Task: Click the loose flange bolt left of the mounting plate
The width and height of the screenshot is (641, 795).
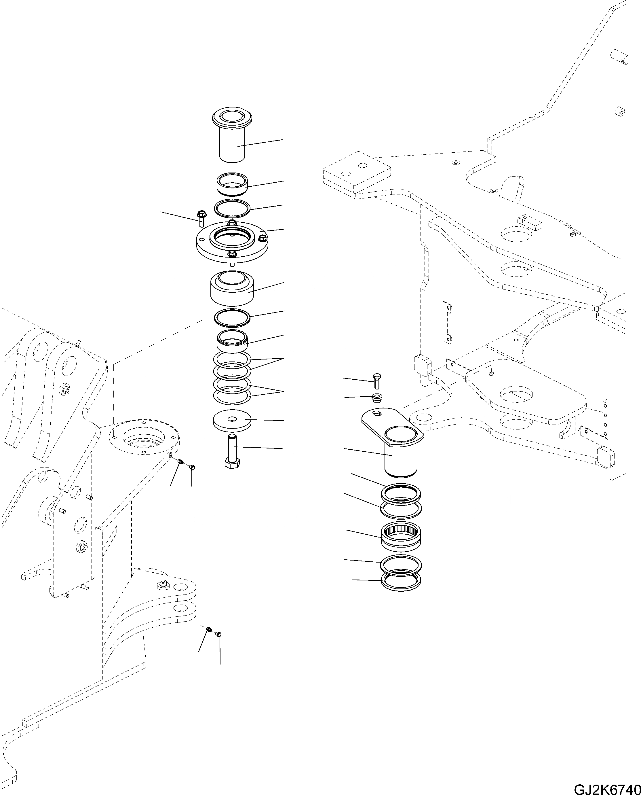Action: point(201,219)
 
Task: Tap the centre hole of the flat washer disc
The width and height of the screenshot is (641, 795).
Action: point(232,419)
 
